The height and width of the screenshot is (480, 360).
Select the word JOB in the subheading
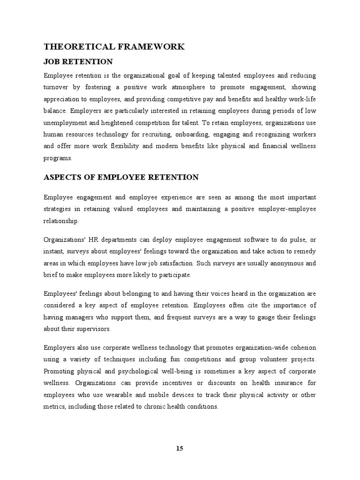(51, 62)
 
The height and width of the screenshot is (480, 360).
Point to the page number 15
(180, 448)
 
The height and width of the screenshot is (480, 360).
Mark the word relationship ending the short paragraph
(61, 221)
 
